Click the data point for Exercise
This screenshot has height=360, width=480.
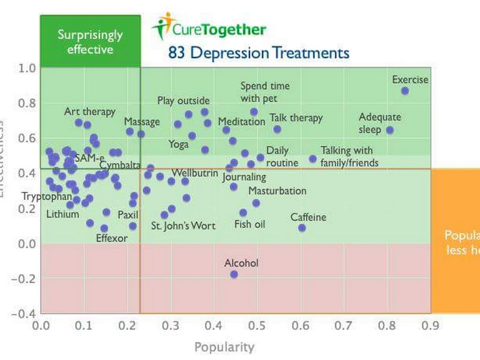(x=405, y=91)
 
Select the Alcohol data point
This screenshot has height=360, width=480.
(x=234, y=274)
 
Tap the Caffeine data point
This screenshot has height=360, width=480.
(x=302, y=228)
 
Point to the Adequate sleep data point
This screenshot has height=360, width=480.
(x=390, y=130)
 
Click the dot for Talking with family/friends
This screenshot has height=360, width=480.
(x=313, y=158)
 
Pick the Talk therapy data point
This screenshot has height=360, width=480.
(x=277, y=129)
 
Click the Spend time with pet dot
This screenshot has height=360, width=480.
(x=254, y=112)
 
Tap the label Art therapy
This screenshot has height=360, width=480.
(x=90, y=112)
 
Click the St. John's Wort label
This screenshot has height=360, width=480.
(x=183, y=226)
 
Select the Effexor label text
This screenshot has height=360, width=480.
(x=112, y=238)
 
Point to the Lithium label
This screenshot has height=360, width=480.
(x=62, y=215)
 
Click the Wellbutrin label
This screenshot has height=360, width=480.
(x=195, y=173)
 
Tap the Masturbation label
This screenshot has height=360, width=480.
(x=277, y=191)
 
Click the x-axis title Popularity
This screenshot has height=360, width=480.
(x=225, y=347)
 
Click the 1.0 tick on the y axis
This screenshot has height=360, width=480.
(x=27, y=68)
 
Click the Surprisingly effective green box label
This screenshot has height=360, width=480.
(x=90, y=42)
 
